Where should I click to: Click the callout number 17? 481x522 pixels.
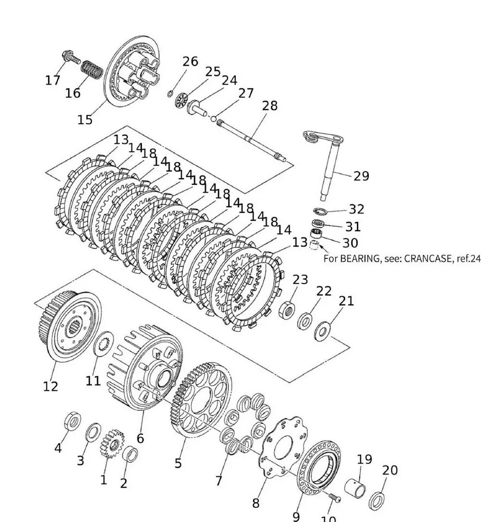click(53, 80)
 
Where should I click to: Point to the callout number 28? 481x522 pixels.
click(270, 106)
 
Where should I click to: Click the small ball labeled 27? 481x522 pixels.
click(213, 118)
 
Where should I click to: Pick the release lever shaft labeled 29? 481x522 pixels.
click(329, 167)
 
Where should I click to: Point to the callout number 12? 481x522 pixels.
click(51, 387)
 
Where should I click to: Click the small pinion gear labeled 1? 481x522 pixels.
click(111, 443)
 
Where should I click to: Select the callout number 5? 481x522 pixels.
click(178, 463)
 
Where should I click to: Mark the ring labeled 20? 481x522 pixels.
click(377, 501)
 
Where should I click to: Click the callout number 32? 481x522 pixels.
click(356, 209)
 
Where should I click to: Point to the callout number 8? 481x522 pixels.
click(256, 503)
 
